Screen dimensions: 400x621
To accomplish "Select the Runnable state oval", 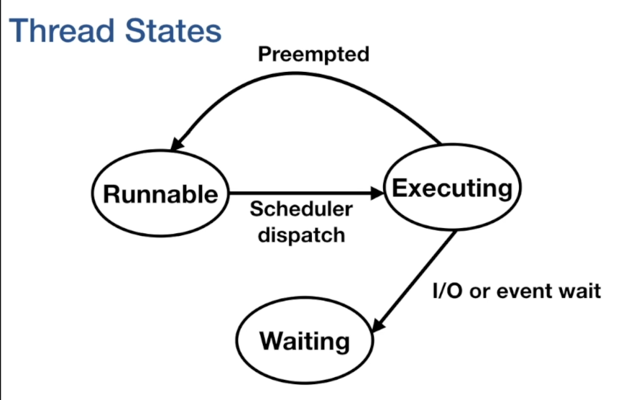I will [160, 194].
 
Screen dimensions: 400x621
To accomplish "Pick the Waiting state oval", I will [305, 340].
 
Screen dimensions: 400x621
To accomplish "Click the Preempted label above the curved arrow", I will [313, 54].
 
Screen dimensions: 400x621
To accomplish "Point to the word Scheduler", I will [301, 209].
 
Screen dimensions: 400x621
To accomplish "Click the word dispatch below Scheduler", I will [301, 235].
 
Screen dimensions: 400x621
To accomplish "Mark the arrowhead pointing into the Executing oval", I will [379, 193].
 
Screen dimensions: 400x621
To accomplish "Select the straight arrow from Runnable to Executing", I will [302, 193].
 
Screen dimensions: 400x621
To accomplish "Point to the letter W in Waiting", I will [272, 340].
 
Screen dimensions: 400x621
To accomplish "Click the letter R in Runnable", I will [112, 194].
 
